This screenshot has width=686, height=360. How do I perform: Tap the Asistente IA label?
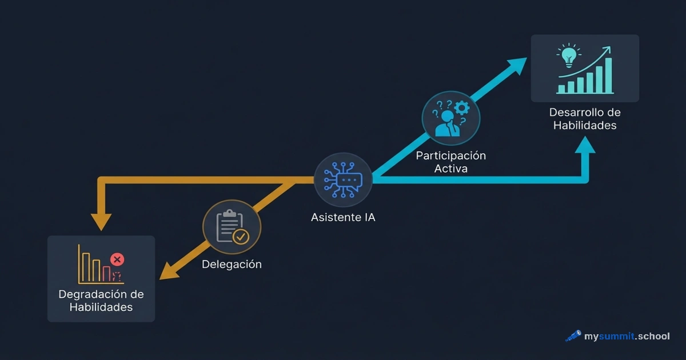tap(343, 218)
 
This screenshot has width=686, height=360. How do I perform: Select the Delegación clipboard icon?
tap(232, 227)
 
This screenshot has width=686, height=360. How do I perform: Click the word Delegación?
tap(232, 265)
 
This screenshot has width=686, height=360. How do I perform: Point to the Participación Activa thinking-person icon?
tap(450, 118)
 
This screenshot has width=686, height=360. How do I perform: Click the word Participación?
tap(450, 155)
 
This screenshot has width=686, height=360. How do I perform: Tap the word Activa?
tap(450, 169)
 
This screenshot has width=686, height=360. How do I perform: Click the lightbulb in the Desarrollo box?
tap(568, 55)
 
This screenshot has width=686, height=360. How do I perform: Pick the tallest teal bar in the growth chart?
tap(608, 75)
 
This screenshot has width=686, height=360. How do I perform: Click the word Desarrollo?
tap(576, 113)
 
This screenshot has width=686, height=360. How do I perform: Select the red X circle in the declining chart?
tap(117, 259)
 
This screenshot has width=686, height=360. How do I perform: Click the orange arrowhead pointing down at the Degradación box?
tap(101, 221)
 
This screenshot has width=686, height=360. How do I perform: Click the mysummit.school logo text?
tap(627, 336)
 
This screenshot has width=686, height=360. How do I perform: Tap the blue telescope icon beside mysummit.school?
tap(573, 336)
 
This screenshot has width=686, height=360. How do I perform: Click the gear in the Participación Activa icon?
tap(462, 107)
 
